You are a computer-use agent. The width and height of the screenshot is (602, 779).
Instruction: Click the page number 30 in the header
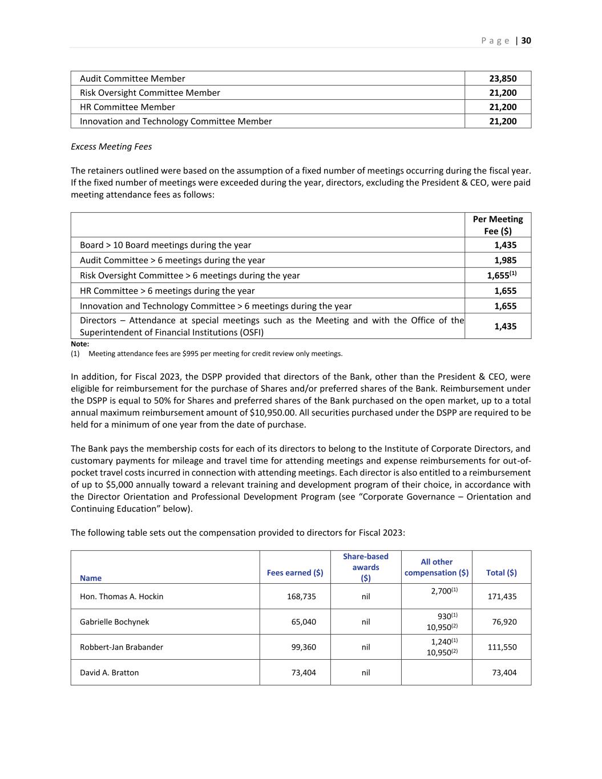[x=526, y=41]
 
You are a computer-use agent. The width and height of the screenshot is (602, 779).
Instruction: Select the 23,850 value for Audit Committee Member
[x=503, y=79]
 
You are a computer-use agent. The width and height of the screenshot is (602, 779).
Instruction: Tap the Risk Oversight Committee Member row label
[x=150, y=92]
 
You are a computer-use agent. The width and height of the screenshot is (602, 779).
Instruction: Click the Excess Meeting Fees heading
[x=111, y=147]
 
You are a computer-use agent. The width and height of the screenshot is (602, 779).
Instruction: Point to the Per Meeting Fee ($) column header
[x=498, y=225]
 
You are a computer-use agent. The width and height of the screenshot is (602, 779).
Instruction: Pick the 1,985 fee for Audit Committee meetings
[x=505, y=260]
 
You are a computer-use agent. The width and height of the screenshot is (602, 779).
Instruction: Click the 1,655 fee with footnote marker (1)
[x=500, y=275]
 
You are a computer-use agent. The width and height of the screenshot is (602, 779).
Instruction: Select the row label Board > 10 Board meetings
[x=165, y=245]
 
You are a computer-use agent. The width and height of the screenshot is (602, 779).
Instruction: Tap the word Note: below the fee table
[x=80, y=344]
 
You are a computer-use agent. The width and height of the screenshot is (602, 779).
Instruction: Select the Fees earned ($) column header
[x=295, y=572]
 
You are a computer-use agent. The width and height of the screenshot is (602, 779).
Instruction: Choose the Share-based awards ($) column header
[x=366, y=567]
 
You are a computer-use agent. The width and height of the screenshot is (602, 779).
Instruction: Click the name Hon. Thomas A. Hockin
[x=122, y=596]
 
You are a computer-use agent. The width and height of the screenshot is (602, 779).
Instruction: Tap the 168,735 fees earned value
[x=301, y=596]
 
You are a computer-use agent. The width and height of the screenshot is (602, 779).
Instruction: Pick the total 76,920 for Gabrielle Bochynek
[x=504, y=621]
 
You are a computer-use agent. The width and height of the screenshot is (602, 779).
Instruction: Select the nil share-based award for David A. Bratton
[x=366, y=672]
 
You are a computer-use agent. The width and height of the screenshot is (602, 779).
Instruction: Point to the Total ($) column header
[x=502, y=572]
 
